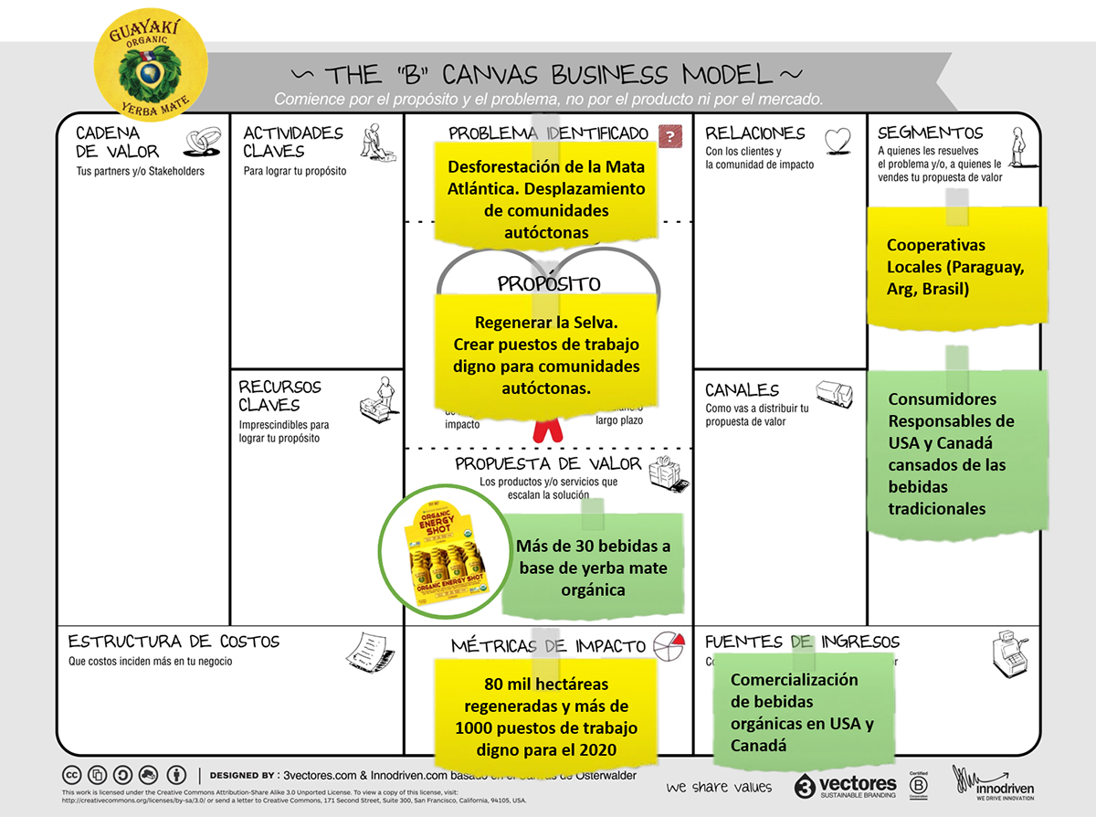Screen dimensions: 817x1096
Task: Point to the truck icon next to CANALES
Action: coord(834,395)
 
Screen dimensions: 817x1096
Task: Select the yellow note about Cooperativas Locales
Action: coord(955,267)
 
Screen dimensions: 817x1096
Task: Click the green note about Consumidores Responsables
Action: coord(955,453)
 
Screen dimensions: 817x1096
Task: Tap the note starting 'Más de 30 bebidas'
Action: coord(593,567)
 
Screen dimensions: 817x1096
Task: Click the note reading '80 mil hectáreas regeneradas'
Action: coord(545,716)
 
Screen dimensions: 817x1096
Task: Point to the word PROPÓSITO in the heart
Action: coord(549,284)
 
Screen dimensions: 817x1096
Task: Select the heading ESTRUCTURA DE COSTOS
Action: coord(174,642)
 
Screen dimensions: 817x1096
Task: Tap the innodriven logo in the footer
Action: coord(994,783)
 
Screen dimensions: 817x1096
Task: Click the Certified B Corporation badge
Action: coord(915,784)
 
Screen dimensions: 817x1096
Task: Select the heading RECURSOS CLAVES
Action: coord(279,396)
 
